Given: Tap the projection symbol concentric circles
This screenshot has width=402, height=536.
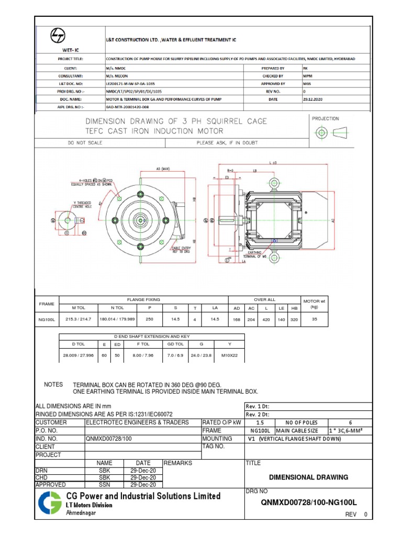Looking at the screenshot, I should coord(321,133).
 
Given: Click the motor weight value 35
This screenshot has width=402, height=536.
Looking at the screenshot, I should coord(314,318).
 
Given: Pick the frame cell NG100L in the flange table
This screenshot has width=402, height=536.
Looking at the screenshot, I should coord(47,318).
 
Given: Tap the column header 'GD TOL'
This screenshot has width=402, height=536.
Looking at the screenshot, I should coord(175,344).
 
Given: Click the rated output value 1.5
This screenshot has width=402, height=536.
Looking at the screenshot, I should coord(260,422).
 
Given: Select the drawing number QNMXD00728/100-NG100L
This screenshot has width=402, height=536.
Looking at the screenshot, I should coord(308,502).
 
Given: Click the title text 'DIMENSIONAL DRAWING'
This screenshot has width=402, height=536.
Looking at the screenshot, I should coord(308,477).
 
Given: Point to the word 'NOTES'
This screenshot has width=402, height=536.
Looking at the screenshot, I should coord(53,384).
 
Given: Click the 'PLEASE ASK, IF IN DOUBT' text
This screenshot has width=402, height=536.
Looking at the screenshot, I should coord(227,142).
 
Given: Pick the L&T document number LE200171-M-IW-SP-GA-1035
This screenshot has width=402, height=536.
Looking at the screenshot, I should coord(130,83).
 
